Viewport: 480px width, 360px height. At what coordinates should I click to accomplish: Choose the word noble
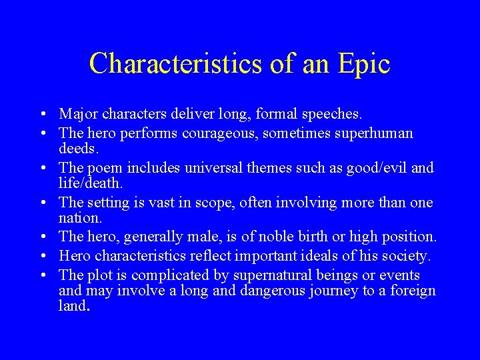pyautogui.click(x=285, y=237)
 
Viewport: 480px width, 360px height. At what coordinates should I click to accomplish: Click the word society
pyautogui.click(x=407, y=256)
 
